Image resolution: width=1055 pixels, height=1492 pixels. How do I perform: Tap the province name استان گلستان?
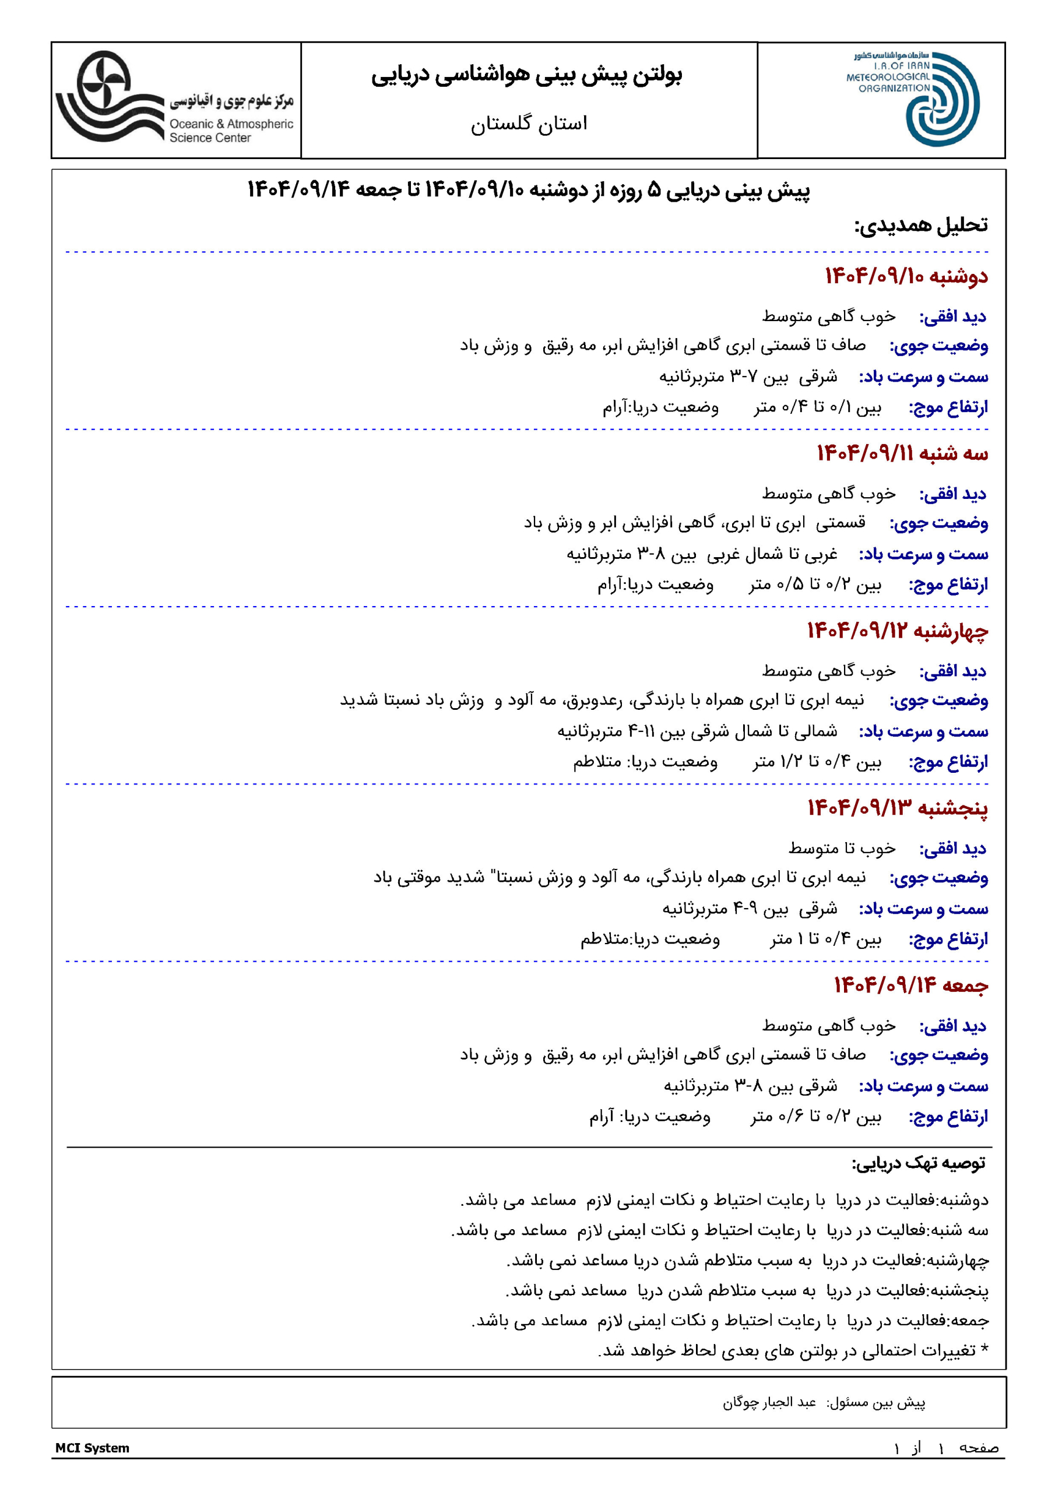tap(529, 124)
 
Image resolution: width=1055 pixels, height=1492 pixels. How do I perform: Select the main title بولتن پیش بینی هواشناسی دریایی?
tap(527, 75)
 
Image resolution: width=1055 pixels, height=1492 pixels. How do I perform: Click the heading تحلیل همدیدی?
tap(920, 226)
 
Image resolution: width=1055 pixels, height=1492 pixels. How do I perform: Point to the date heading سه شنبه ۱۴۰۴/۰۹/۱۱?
tap(902, 453)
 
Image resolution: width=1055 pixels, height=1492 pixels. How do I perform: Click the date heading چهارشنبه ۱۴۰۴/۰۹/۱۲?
tap(897, 631)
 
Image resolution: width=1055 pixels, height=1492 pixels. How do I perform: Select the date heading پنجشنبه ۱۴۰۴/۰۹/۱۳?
tap(897, 808)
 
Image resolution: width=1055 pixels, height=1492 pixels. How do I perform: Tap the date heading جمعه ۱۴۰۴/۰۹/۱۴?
tap(910, 986)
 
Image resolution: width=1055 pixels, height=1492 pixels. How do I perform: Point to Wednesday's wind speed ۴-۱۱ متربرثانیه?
tap(604, 731)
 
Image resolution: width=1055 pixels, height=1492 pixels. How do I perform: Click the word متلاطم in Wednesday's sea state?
tap(597, 762)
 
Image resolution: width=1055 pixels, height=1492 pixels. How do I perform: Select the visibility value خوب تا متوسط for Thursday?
tap(842, 849)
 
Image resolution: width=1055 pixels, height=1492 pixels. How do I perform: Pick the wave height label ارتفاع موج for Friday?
tap(948, 1117)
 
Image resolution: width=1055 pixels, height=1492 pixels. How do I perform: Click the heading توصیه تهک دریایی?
tap(919, 1164)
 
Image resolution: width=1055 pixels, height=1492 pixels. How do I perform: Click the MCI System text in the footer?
tap(92, 1448)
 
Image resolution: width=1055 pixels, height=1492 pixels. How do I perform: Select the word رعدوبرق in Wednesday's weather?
tap(593, 701)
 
